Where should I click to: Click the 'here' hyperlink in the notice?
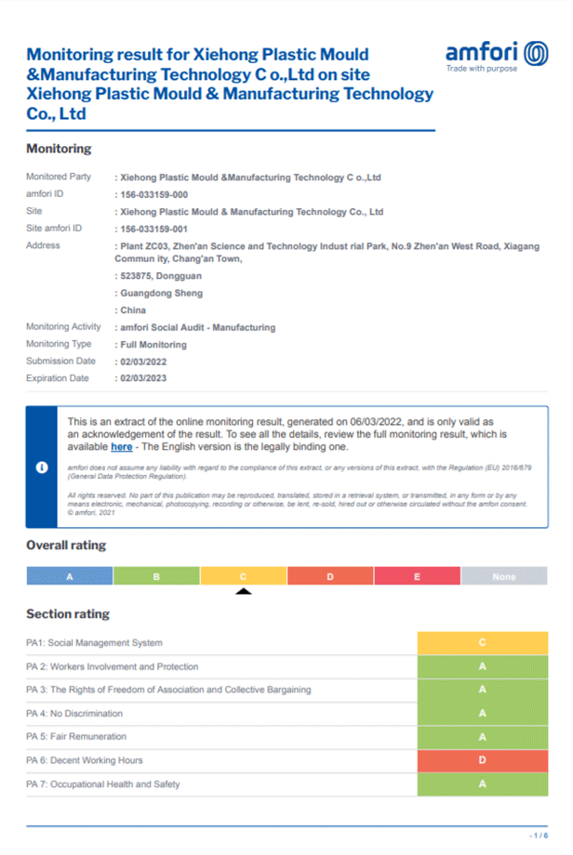(121, 447)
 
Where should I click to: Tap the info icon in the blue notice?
(41, 467)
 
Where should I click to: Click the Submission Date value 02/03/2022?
(141, 362)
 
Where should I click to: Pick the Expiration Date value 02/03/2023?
(141, 378)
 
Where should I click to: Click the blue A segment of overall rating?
(70, 576)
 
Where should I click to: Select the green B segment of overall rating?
(156, 576)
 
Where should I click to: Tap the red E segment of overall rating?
(417, 576)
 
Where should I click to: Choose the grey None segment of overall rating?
(504, 576)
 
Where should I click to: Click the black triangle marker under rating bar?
(243, 591)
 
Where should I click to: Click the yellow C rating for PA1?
(482, 642)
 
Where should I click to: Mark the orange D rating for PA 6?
(482, 760)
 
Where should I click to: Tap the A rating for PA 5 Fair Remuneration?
(482, 737)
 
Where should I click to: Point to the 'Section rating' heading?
(68, 613)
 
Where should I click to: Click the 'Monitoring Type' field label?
(60, 345)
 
